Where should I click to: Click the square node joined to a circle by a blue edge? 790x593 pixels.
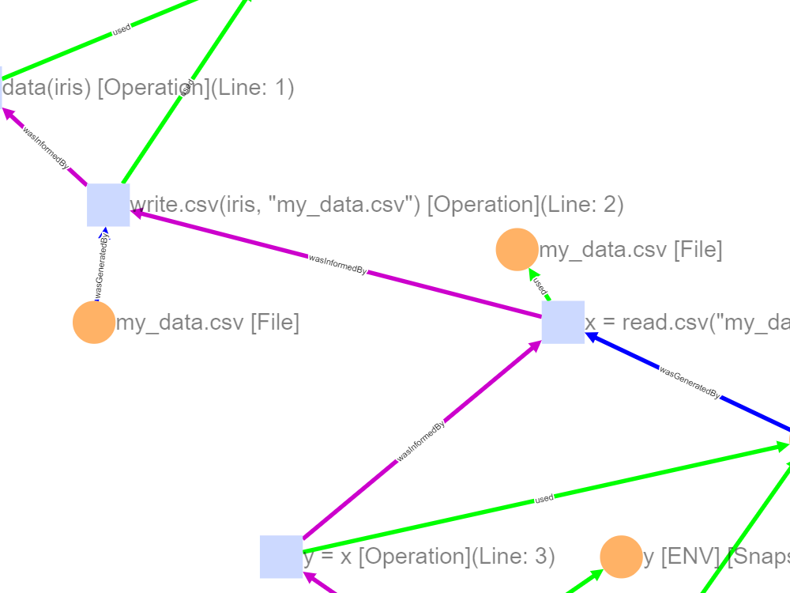tap(108, 205)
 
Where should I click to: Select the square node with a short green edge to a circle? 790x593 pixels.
tap(563, 322)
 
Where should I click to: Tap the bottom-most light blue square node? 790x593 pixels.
tap(281, 557)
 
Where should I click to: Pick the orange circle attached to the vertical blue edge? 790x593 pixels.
tap(94, 323)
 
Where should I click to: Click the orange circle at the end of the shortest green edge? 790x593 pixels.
tap(517, 249)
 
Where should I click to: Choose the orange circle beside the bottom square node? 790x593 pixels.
tap(621, 557)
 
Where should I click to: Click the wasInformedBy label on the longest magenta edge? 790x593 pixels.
tap(337, 264)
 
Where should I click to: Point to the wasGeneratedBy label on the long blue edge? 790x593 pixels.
tap(690, 383)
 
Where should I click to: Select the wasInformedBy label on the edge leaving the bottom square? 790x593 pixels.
tap(421, 441)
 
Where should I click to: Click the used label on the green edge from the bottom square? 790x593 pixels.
tap(544, 499)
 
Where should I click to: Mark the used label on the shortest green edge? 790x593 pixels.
tap(540, 285)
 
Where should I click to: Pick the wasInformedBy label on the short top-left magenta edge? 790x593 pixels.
tap(47, 148)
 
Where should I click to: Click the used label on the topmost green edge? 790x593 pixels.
tap(122, 30)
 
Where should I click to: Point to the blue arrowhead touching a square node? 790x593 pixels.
tap(591, 337)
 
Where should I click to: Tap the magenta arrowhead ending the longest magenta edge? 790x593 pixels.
tap(136, 212)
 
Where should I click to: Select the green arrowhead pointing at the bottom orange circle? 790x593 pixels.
tap(596, 575)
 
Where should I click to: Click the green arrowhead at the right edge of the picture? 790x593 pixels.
tap(783, 447)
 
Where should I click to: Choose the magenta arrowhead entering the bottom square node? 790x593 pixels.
tap(309, 577)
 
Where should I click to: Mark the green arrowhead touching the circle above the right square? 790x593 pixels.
tap(532, 274)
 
